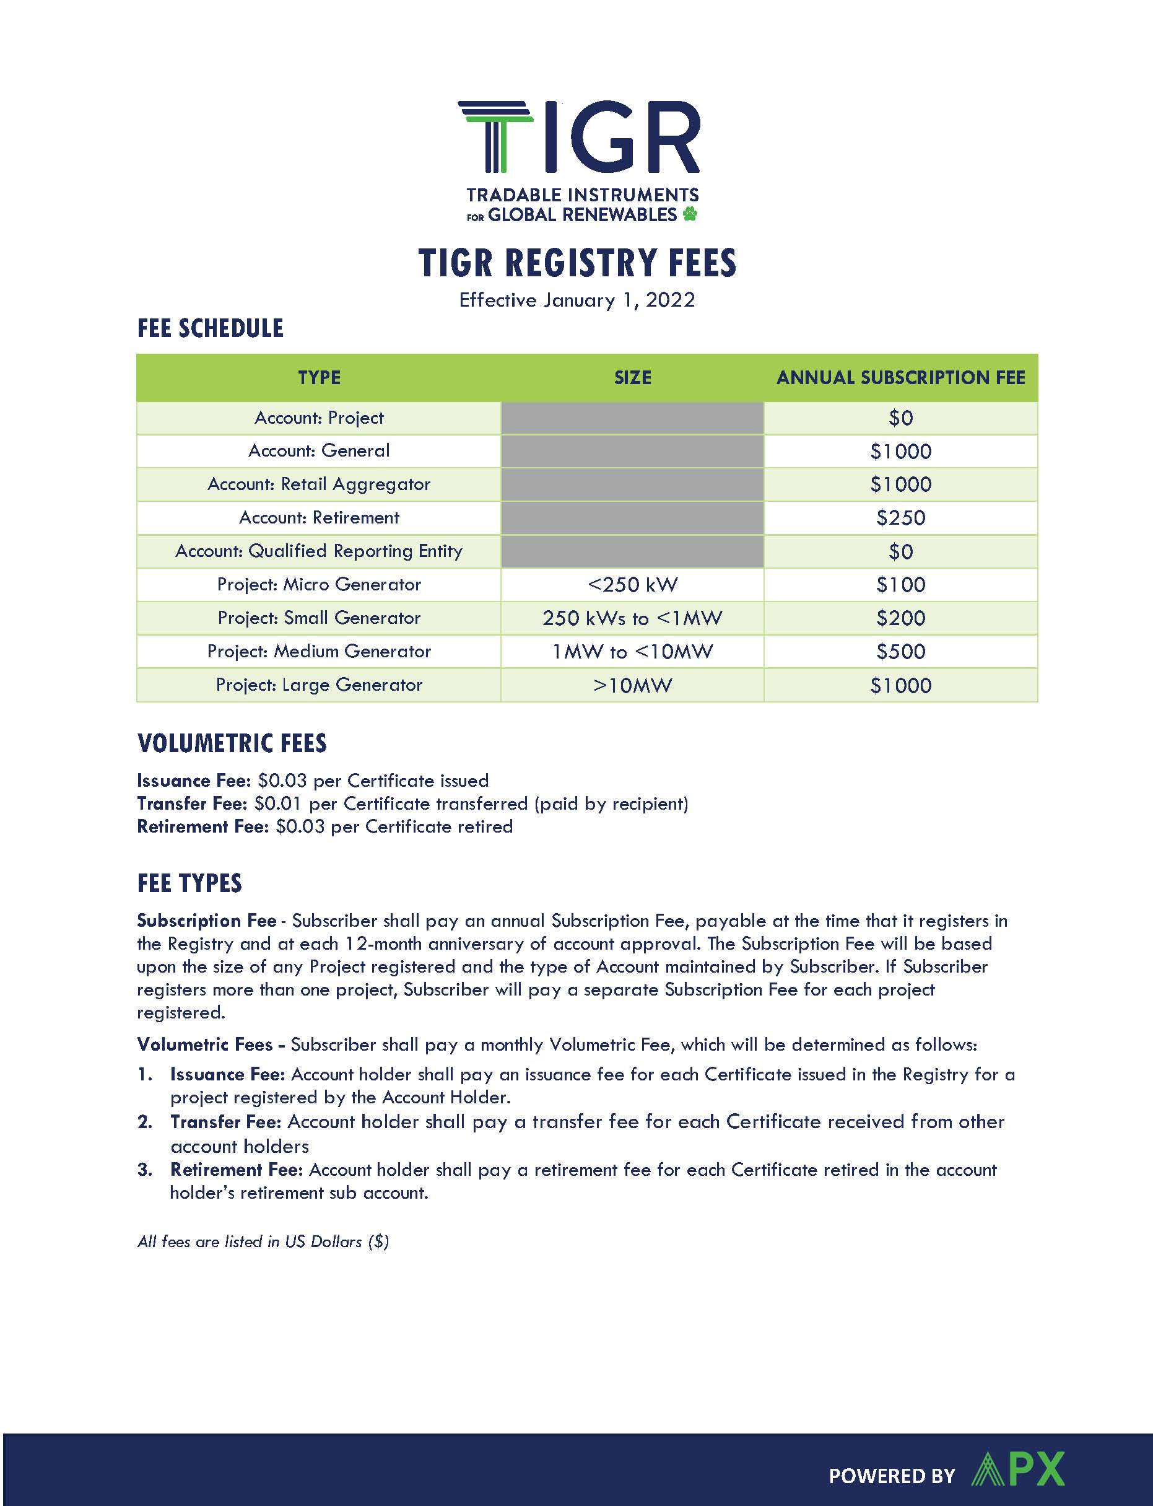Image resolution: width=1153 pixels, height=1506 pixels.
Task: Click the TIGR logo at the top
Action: (x=578, y=138)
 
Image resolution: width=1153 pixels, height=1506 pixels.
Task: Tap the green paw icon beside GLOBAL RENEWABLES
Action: (x=690, y=214)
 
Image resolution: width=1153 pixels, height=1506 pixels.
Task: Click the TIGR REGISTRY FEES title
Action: (x=576, y=263)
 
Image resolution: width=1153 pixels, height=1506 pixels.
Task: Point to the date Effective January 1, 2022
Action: (x=576, y=300)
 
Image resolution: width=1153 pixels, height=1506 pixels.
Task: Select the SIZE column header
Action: (x=632, y=377)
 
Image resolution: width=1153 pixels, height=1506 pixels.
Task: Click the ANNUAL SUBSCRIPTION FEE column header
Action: (x=900, y=377)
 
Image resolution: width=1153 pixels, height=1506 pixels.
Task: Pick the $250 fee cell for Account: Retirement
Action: (x=900, y=517)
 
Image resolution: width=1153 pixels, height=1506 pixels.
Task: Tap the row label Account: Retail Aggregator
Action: (x=318, y=484)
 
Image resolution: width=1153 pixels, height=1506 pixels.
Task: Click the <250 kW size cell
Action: (x=632, y=585)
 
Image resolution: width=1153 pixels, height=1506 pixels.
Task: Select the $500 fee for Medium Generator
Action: (x=900, y=652)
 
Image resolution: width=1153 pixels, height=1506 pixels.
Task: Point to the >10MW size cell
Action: (x=632, y=685)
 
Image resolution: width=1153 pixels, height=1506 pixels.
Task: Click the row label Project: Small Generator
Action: (x=318, y=618)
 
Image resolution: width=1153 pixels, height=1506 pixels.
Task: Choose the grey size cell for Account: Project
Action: (x=632, y=418)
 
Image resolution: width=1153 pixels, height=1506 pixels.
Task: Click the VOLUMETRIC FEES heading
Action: (x=232, y=743)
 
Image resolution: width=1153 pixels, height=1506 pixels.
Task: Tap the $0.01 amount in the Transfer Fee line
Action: (x=277, y=803)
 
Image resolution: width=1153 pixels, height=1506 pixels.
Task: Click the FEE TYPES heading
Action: (x=189, y=883)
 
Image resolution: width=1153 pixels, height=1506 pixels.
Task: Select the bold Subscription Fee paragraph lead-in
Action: (x=206, y=921)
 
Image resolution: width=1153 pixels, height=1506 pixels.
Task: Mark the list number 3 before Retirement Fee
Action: (x=144, y=1170)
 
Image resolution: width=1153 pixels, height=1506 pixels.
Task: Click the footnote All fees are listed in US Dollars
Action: (x=263, y=1241)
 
